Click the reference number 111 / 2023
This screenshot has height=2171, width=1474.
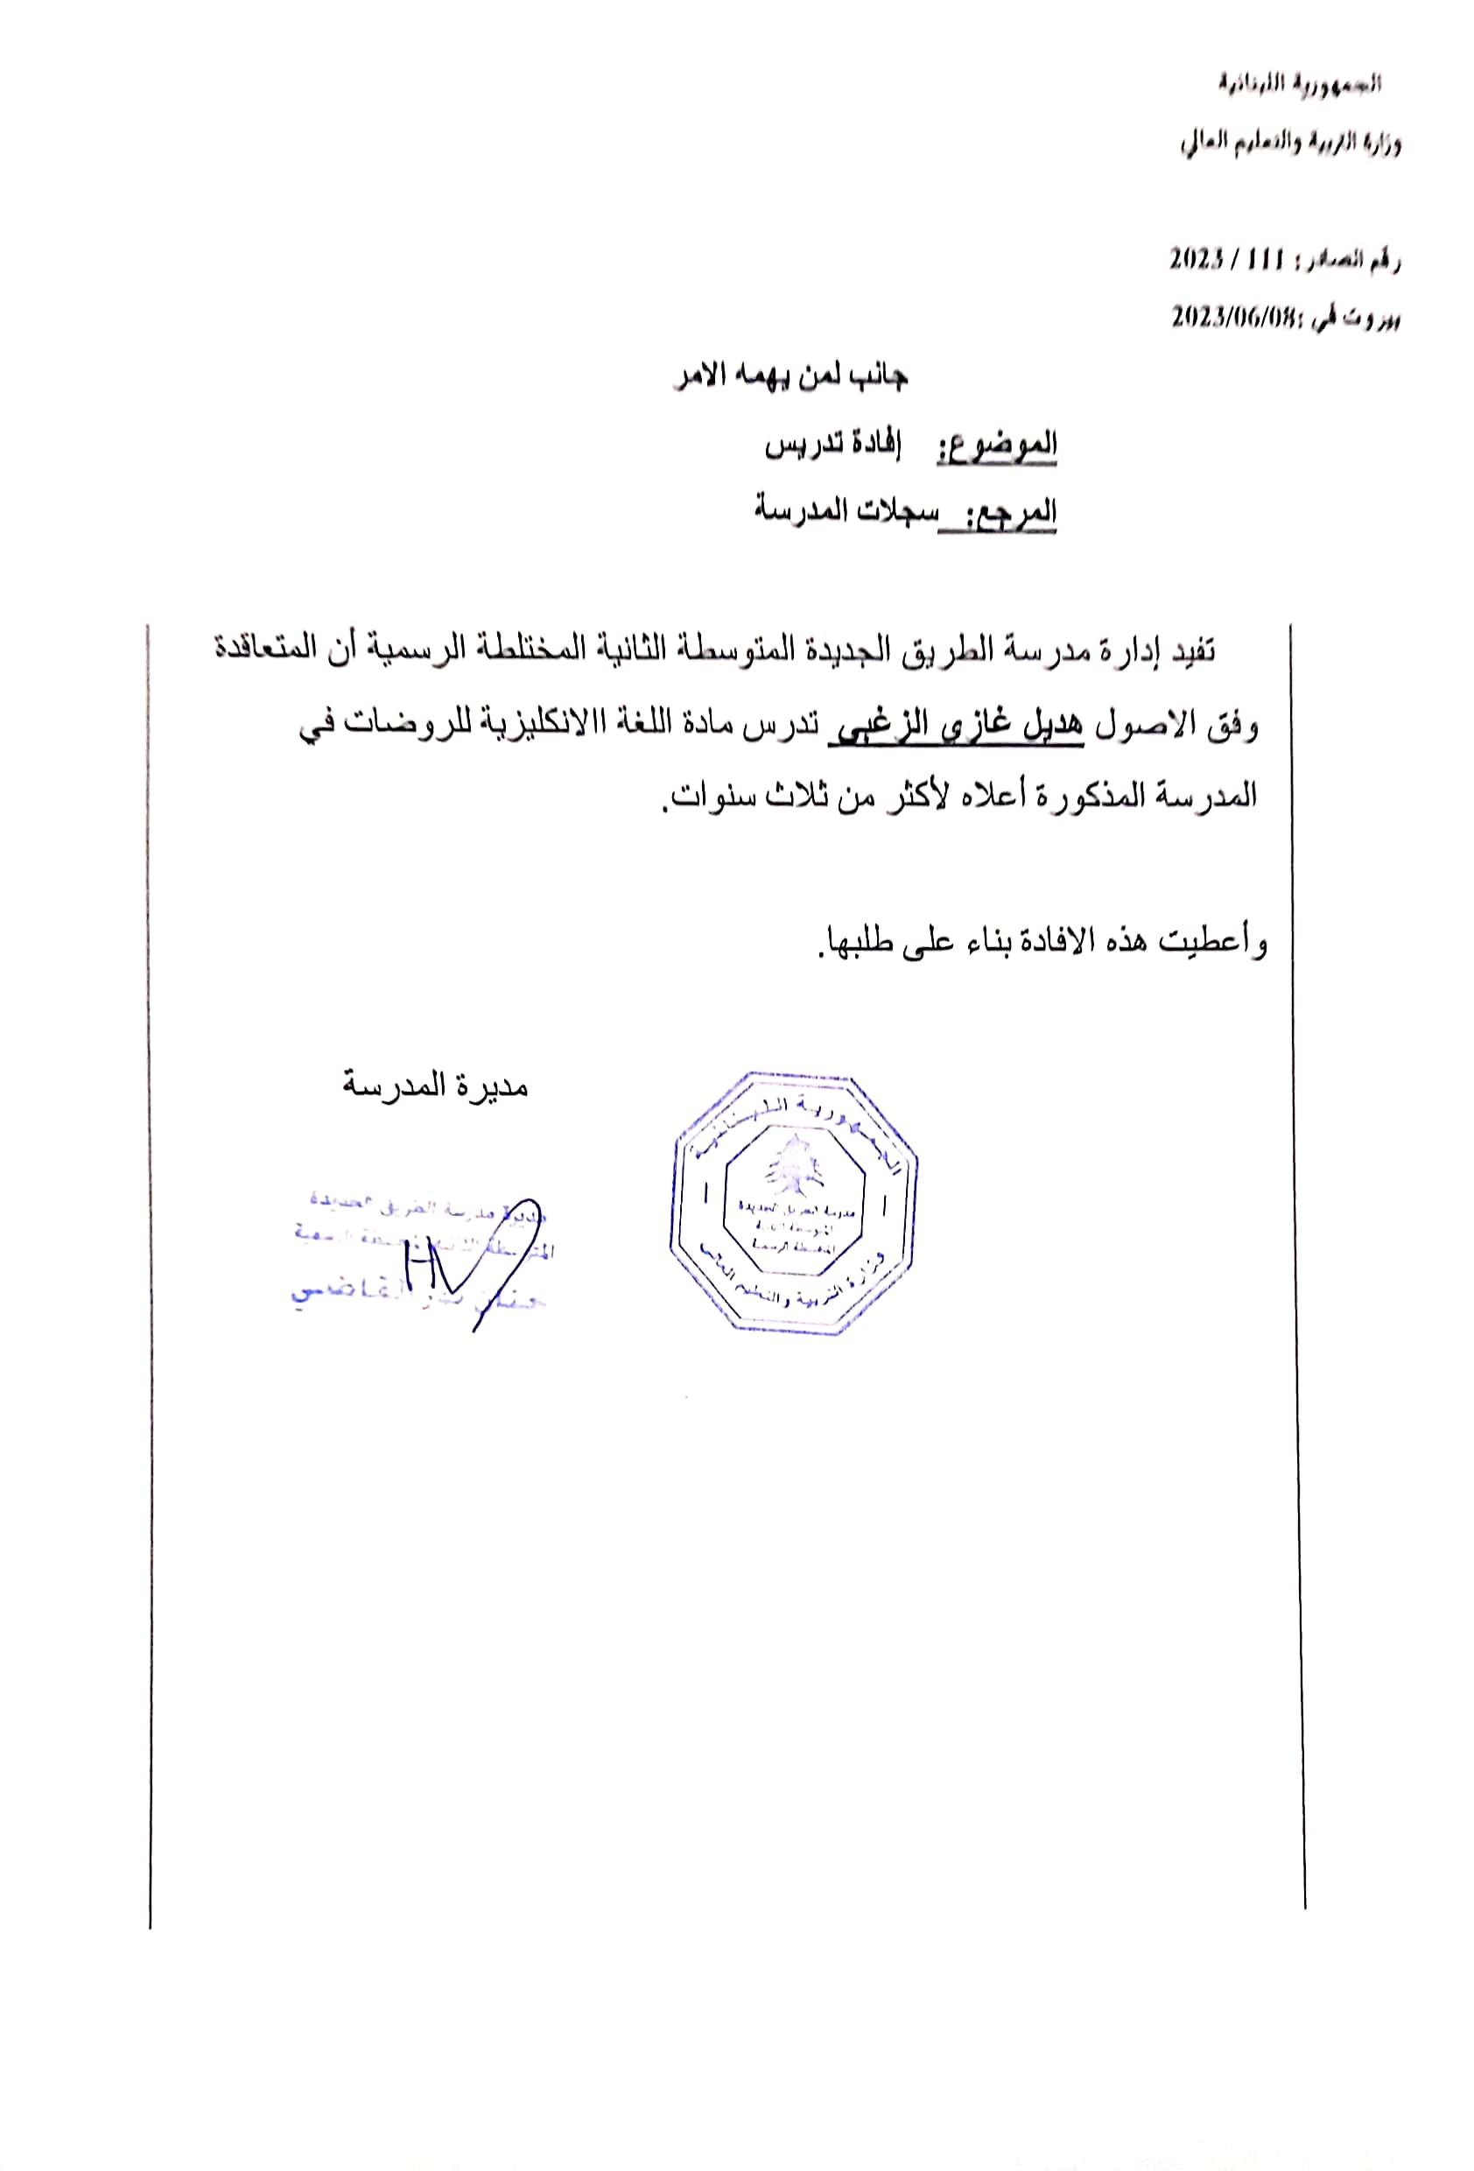coord(1213,259)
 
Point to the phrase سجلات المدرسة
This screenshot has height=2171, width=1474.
coord(845,511)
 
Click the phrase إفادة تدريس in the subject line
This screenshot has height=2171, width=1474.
coord(832,446)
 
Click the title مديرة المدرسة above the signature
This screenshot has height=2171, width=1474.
coord(434,1086)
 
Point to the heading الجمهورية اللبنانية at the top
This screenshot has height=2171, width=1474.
coord(1298,84)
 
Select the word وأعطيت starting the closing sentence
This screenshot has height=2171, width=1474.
coord(1213,942)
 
